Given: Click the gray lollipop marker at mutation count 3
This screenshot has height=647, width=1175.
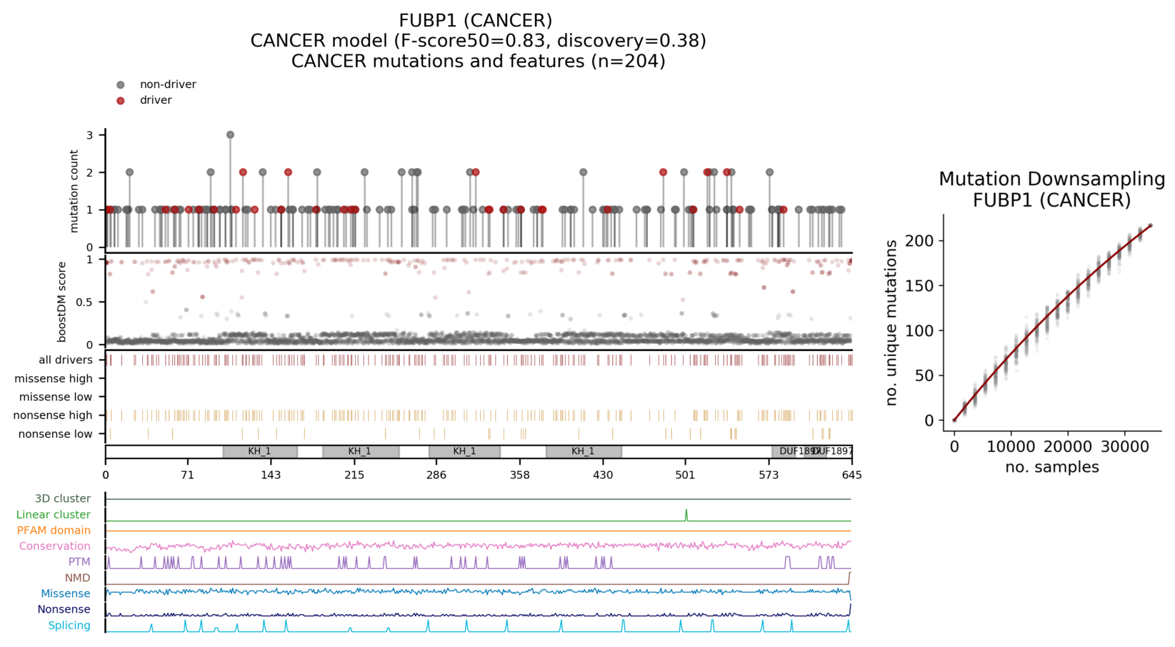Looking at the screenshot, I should [230, 134].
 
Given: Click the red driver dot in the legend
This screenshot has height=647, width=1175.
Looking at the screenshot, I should [121, 101].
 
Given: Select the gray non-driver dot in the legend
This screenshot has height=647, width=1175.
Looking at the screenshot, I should [121, 85].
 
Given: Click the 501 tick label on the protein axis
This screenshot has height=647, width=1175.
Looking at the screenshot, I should [685, 475].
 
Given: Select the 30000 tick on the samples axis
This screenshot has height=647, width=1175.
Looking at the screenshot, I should [1124, 447].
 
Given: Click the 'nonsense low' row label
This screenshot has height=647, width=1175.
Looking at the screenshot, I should [56, 434].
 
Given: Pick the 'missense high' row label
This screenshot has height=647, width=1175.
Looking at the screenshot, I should [54, 379].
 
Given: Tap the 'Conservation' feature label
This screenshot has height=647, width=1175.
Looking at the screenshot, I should [55, 546].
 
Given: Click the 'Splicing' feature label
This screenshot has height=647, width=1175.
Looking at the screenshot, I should [69, 626].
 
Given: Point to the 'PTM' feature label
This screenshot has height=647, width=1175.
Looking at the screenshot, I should [79, 562].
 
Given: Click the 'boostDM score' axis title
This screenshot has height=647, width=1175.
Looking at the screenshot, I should [62, 302].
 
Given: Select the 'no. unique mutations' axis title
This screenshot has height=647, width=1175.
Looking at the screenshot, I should [891, 323].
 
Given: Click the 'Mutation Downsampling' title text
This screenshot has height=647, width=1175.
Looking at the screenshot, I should [1051, 179].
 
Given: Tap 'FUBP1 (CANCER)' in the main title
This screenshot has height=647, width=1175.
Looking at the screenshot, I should [475, 21].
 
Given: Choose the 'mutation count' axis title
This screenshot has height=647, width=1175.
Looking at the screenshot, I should [74, 191].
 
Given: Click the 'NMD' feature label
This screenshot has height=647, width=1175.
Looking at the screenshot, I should [78, 578].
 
